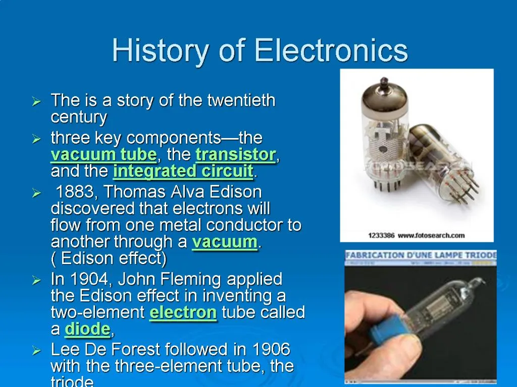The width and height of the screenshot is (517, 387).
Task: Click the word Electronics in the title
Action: click(331, 51)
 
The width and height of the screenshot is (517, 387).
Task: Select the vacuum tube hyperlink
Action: click(104, 154)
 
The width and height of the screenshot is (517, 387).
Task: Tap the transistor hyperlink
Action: click(235, 154)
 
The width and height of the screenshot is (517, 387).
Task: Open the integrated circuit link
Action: click(183, 171)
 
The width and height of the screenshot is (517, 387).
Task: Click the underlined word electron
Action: click(183, 312)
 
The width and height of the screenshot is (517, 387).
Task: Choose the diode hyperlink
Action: click(87, 330)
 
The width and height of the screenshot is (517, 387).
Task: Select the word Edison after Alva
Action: click(235, 192)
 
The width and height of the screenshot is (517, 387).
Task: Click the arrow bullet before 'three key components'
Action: click(36, 139)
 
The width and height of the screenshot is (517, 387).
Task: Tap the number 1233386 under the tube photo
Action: click(382, 235)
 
